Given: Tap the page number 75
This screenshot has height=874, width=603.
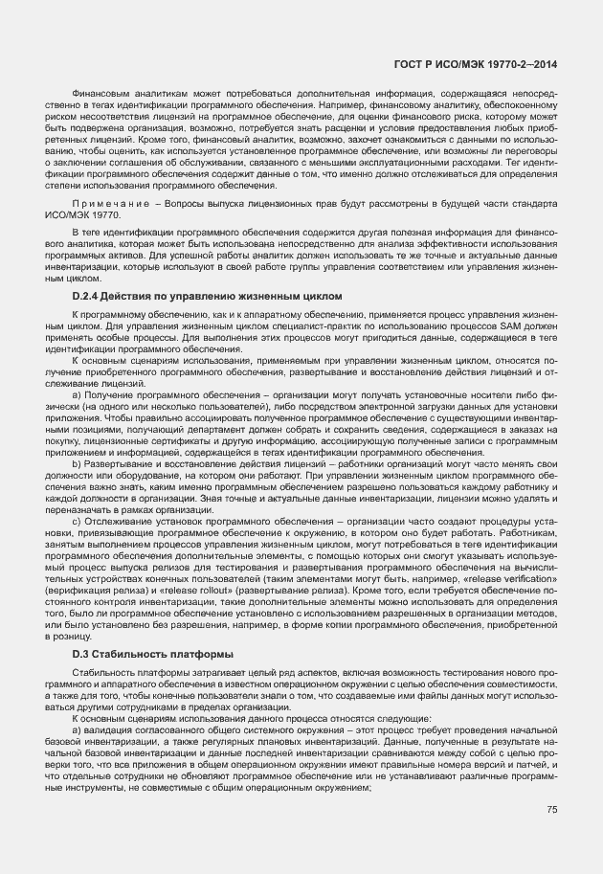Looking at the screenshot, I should [551, 810].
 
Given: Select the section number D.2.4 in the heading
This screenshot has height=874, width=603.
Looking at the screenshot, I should [89, 297].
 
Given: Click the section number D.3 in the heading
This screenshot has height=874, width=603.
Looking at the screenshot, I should [81, 654].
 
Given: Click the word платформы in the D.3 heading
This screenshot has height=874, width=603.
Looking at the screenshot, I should [197, 654].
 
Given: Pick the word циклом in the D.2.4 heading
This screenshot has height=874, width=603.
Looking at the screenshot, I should [321, 297].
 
